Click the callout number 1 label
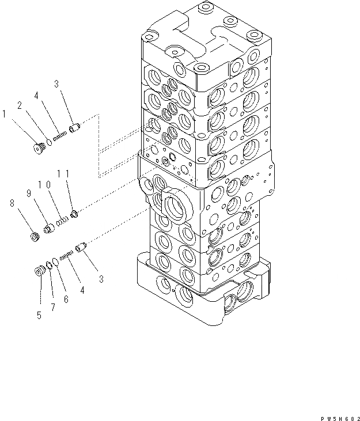(5, 115)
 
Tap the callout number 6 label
(66, 299)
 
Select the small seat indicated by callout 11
(74, 216)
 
